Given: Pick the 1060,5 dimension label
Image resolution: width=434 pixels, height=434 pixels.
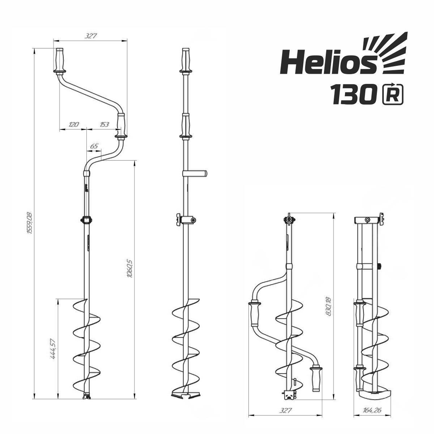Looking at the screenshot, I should click(129, 269).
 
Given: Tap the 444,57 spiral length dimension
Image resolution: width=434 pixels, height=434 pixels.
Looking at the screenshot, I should click(53, 348).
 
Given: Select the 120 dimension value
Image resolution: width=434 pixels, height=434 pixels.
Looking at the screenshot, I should click(73, 125).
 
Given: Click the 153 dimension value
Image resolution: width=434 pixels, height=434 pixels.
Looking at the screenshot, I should click(104, 125).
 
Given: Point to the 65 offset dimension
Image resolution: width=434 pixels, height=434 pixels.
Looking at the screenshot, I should click(94, 146).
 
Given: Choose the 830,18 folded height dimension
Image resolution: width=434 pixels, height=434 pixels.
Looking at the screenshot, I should click(328, 306).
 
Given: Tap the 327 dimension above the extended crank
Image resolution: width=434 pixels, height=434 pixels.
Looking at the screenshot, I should click(90, 36).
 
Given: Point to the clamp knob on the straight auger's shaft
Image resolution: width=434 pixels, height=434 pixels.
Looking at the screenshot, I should click(178, 220).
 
